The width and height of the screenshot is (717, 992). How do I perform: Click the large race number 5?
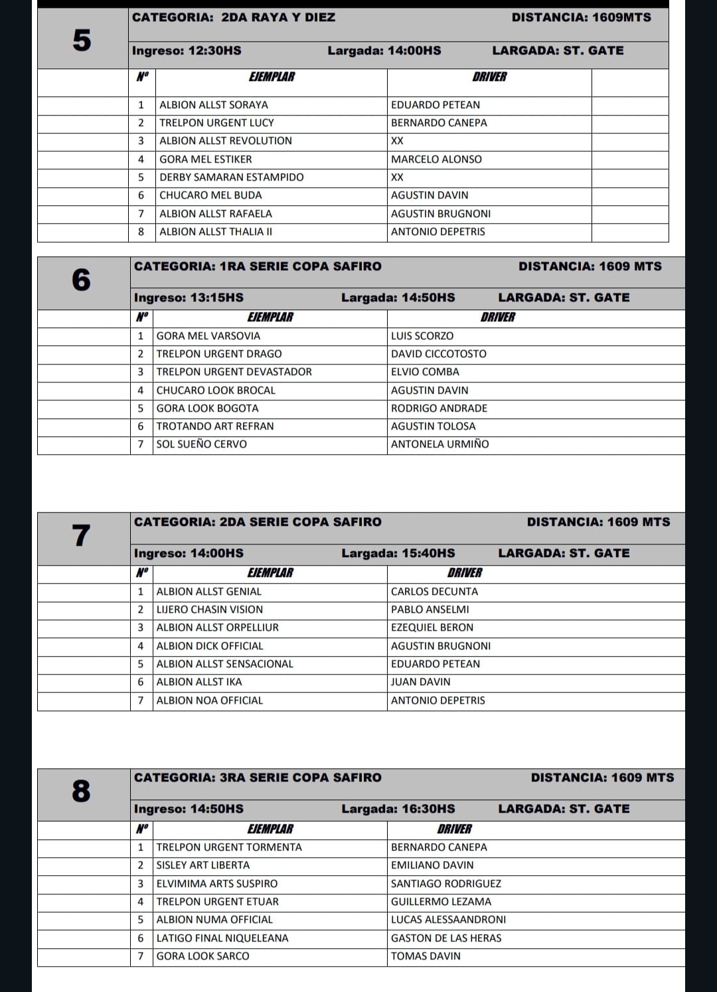coord(82,41)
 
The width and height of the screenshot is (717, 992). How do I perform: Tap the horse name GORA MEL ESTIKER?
coord(206,159)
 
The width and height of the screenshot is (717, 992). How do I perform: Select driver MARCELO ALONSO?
coord(436,159)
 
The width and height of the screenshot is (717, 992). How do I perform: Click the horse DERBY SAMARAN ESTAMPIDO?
coord(232,177)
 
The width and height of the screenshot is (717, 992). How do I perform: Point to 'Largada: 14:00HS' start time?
coord(384,50)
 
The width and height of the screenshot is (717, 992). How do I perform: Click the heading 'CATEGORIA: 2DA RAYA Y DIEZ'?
coord(234,17)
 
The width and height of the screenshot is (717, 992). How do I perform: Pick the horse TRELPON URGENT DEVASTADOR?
coord(234,372)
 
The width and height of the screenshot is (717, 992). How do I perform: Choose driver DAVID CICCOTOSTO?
coord(438,354)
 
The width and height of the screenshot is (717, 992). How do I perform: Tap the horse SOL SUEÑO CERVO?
coord(202,444)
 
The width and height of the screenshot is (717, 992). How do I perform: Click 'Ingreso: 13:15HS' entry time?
coord(189,297)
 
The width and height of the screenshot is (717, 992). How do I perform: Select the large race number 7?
coord(81,535)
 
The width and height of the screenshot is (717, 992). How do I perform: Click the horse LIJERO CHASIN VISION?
coord(210,610)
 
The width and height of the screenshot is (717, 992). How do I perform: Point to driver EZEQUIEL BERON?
coord(432,627)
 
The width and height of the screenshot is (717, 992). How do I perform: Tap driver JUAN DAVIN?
coord(420,682)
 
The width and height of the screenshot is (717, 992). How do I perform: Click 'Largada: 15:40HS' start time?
coord(398,553)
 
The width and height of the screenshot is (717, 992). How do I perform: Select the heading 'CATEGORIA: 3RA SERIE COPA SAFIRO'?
coord(258,778)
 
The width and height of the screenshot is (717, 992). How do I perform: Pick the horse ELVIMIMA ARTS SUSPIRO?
coord(217,884)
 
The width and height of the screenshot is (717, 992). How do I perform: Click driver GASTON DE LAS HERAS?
coord(446,938)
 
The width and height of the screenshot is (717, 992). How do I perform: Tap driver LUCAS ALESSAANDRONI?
coord(448,920)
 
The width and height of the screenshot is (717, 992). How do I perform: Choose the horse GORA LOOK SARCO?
coord(203,956)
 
